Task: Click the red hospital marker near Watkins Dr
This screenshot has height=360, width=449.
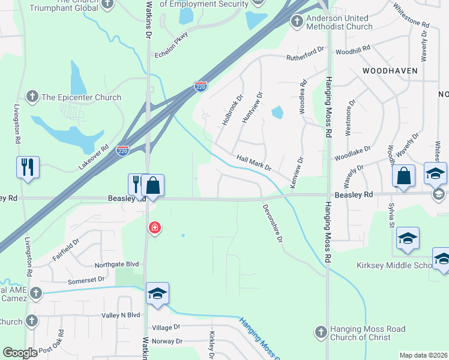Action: pyautogui.click(x=155, y=228)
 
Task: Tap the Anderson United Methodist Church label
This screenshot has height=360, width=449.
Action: pyautogui.click(x=340, y=22)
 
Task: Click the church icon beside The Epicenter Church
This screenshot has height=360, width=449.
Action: pyautogui.click(x=32, y=96)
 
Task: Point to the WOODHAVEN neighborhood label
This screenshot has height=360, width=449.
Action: pyautogui.click(x=390, y=70)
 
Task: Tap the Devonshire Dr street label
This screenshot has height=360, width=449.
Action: pyautogui.click(x=272, y=223)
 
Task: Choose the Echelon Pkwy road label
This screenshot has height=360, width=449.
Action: pyautogui.click(x=170, y=43)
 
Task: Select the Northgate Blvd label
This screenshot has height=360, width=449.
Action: pyautogui.click(x=116, y=264)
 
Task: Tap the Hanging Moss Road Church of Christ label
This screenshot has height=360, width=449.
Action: pyautogui.click(x=367, y=333)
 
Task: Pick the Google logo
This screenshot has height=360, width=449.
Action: pyautogui.click(x=20, y=353)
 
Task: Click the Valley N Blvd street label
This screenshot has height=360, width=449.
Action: pyautogui.click(x=121, y=314)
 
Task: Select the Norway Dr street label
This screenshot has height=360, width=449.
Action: pyautogui.click(x=167, y=341)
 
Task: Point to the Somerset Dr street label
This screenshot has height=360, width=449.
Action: pyautogui.click(x=86, y=279)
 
